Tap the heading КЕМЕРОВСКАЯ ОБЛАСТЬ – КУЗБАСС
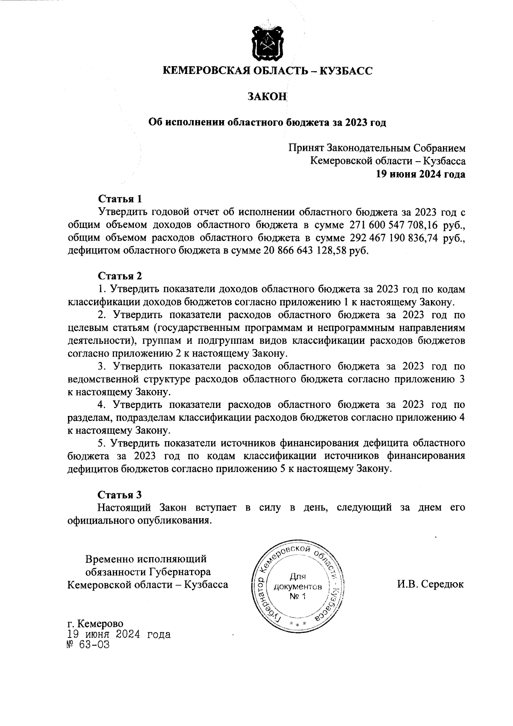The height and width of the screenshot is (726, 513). click(x=268, y=71)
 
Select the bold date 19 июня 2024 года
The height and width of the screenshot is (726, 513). click(x=420, y=174)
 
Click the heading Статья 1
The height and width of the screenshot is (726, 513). click(x=120, y=199)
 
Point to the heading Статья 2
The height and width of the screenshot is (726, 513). click(x=120, y=276)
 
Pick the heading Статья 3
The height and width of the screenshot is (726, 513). click(x=120, y=495)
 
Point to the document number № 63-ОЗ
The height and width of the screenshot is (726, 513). click(x=85, y=645)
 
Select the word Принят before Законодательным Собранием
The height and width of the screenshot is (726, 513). click(x=306, y=148)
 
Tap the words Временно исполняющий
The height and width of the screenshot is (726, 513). click(x=146, y=559)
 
